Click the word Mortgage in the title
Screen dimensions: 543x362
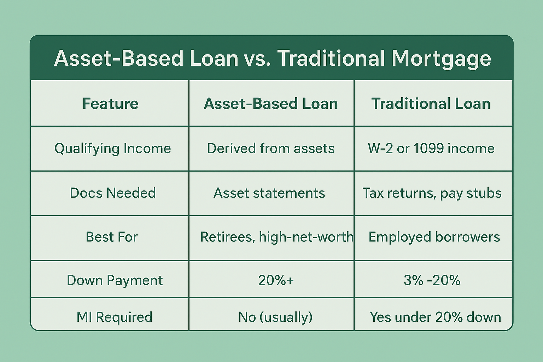click(442, 59)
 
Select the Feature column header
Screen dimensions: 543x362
click(110, 104)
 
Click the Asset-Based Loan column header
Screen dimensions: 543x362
click(271, 104)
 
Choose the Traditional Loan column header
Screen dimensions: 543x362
click(431, 104)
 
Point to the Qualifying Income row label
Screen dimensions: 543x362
click(113, 148)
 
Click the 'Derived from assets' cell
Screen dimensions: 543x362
click(271, 148)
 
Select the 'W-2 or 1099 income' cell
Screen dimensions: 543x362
click(431, 148)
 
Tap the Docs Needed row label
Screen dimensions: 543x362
click(113, 193)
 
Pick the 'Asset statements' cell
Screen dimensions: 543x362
click(269, 193)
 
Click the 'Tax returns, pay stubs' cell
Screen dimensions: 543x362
click(432, 193)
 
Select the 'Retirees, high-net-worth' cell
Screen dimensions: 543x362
click(277, 237)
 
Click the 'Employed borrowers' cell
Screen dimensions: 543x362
click(434, 237)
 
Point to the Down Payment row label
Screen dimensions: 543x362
click(115, 281)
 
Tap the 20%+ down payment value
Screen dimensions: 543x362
click(276, 280)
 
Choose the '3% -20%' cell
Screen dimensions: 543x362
click(432, 280)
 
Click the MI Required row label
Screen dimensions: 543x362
click(115, 317)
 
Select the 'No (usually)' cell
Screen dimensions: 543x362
click(275, 317)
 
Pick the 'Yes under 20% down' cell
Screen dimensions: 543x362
click(436, 317)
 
